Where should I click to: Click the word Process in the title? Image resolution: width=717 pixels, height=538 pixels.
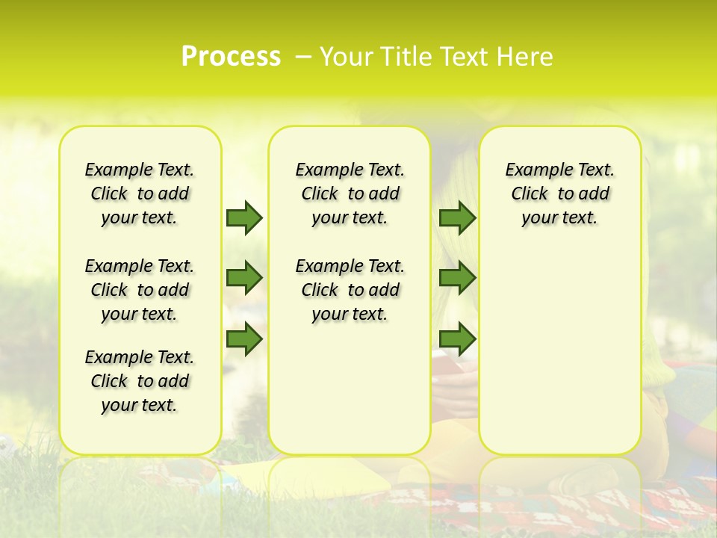(x=231, y=56)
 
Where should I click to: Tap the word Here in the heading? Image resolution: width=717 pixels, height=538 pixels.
(x=526, y=56)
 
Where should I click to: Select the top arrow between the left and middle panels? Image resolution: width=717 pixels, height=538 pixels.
(x=244, y=217)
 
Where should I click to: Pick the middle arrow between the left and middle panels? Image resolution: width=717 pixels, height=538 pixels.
(x=244, y=278)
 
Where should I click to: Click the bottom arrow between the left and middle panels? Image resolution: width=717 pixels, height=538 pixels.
(x=244, y=338)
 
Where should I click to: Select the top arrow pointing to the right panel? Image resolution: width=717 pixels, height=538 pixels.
(x=457, y=217)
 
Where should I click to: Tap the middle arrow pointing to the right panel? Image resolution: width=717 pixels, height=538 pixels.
(x=457, y=278)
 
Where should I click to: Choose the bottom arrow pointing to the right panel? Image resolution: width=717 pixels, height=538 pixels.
(x=457, y=338)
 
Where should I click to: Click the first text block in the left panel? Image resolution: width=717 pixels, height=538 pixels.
(x=140, y=194)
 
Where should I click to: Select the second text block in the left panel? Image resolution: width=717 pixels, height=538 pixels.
(x=140, y=290)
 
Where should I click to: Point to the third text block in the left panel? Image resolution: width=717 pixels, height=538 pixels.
(x=140, y=381)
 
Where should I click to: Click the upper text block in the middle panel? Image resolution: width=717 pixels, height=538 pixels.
(x=350, y=194)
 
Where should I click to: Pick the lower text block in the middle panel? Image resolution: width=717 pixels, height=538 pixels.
(x=350, y=290)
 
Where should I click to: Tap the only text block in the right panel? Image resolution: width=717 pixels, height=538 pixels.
(x=560, y=194)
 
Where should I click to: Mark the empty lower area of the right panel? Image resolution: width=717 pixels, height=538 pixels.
(x=560, y=344)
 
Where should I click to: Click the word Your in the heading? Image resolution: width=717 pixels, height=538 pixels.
(x=343, y=56)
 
